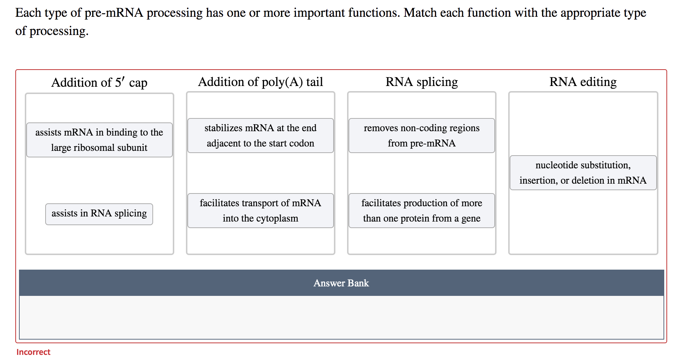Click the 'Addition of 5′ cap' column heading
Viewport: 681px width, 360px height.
tap(99, 83)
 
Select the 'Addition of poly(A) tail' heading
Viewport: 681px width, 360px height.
tap(260, 82)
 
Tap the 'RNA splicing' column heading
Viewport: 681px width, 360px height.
tap(421, 82)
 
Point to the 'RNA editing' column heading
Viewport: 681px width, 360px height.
tap(583, 82)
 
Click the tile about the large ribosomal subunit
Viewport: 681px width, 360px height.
tap(99, 140)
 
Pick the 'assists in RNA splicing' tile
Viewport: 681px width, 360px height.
tap(99, 214)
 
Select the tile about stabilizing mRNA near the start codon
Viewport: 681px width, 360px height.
tap(260, 136)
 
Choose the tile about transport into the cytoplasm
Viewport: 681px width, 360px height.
tap(260, 211)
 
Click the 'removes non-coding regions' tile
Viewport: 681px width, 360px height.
tap(421, 136)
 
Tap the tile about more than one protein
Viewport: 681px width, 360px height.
tap(421, 211)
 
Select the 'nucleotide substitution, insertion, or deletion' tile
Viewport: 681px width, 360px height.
tap(583, 173)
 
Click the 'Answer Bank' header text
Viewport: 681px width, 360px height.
tap(341, 283)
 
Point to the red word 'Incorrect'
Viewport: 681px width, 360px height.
tap(33, 352)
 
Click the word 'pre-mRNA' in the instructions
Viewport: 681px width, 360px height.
tap(114, 13)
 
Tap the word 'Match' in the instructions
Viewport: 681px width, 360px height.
tap(420, 13)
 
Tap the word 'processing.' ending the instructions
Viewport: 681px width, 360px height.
tap(59, 32)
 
